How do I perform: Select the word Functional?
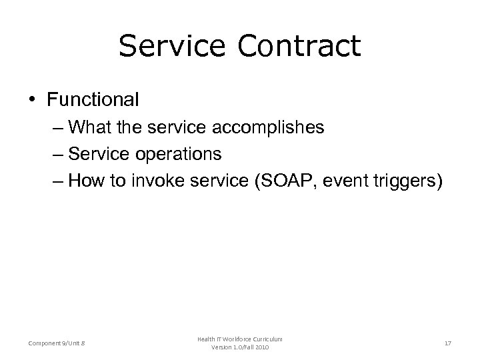tap(93, 100)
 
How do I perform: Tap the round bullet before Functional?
tap(34, 101)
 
